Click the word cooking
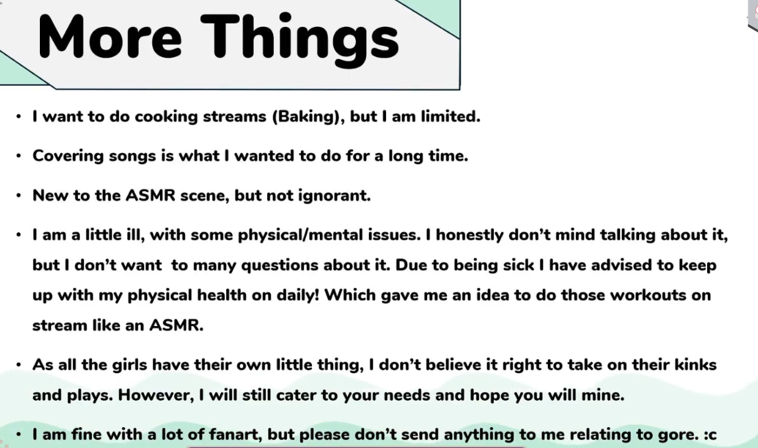[167, 116]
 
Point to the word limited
[450, 116]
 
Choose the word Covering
[68, 156]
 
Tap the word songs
[132, 156]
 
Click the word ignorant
[335, 196]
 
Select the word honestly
[469, 235]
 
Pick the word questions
[280, 265]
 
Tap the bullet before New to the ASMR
[18, 196]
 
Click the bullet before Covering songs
[18, 156]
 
